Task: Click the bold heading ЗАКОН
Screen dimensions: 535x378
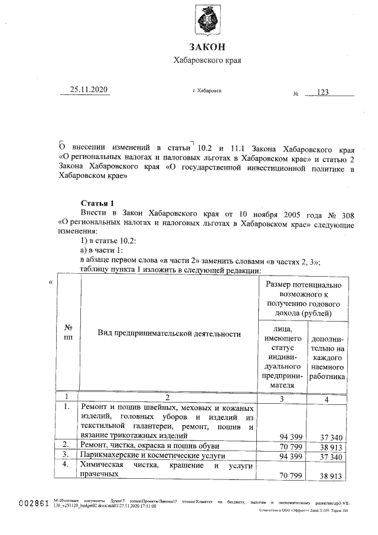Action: [207, 47]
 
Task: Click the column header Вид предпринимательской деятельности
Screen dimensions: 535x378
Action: [169, 334]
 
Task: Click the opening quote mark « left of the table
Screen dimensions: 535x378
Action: [51, 282]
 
